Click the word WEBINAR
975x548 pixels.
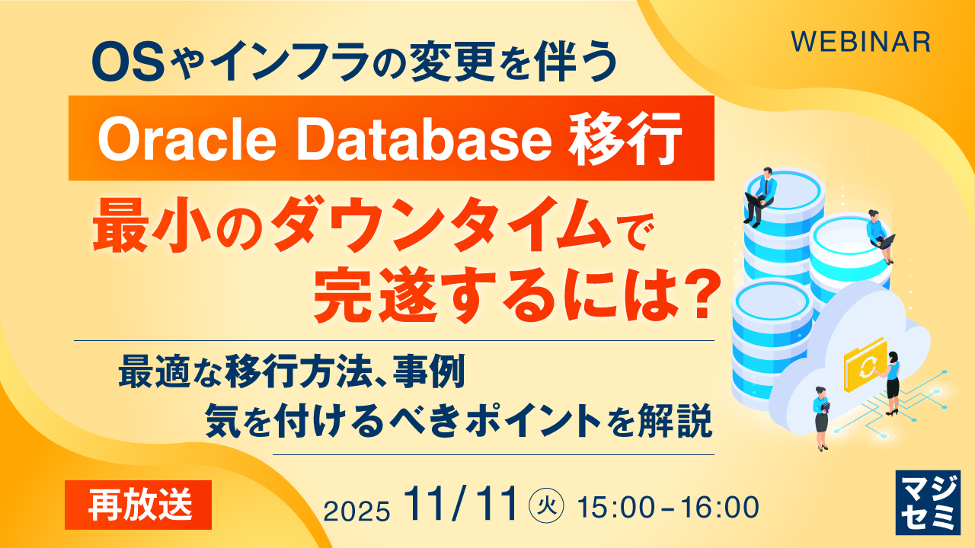click(x=861, y=42)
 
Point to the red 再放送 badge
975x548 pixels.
click(x=138, y=505)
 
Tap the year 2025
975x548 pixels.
click(x=356, y=511)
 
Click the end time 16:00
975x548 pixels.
click(x=720, y=507)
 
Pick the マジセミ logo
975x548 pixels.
click(x=928, y=502)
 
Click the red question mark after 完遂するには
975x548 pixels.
click(x=697, y=295)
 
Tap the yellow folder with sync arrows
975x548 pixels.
click(x=864, y=365)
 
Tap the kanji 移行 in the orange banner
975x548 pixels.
click(x=625, y=139)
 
